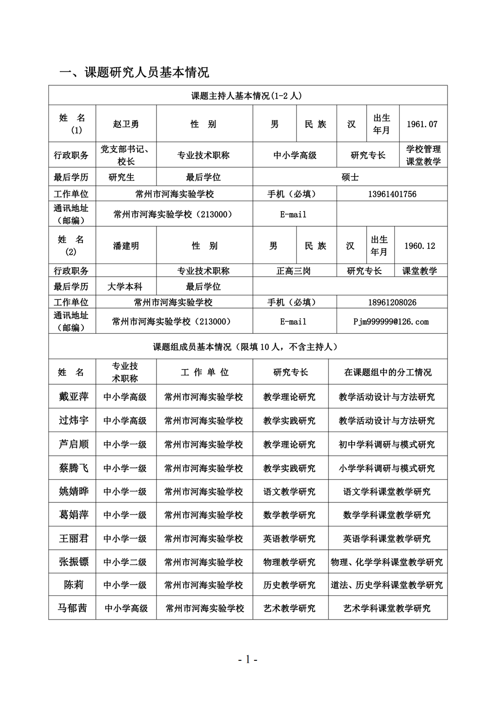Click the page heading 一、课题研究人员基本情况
(x=134, y=73)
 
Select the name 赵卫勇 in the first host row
(x=126, y=124)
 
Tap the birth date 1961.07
(x=421, y=124)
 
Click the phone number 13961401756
(x=392, y=194)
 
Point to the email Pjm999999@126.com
(x=391, y=321)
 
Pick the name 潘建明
(x=126, y=246)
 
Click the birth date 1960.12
(x=419, y=246)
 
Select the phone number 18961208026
(x=392, y=302)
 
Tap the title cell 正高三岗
(x=294, y=271)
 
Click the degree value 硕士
(x=350, y=177)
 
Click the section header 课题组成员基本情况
(x=246, y=347)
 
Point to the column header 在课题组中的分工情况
(x=387, y=372)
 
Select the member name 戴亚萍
(x=74, y=397)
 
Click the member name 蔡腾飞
(x=74, y=468)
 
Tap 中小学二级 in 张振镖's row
(x=125, y=562)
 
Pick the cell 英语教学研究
(x=289, y=539)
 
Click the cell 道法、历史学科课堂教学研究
(x=387, y=585)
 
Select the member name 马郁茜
(x=73, y=608)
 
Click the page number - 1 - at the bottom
(x=248, y=659)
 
